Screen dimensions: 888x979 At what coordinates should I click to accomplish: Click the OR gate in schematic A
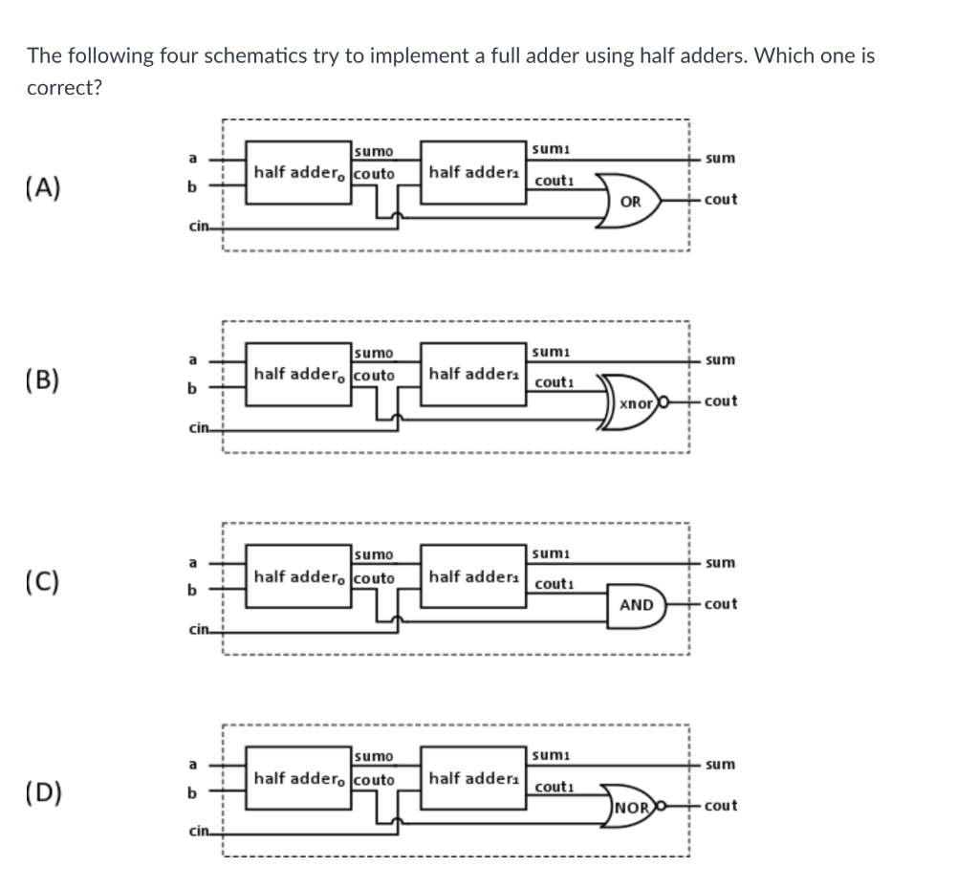[x=631, y=201]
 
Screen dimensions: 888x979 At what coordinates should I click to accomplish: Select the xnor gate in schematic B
[x=634, y=403]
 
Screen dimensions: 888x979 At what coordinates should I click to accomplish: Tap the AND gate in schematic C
[x=635, y=605]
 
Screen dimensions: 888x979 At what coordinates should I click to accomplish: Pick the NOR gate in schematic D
[x=633, y=807]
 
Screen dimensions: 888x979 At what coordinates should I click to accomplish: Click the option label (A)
[x=44, y=186]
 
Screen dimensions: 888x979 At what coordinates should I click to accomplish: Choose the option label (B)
[x=44, y=380]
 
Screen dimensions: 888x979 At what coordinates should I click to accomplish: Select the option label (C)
[x=44, y=582]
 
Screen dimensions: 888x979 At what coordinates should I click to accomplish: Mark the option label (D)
[x=44, y=792]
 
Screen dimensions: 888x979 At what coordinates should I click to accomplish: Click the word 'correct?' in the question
[x=65, y=87]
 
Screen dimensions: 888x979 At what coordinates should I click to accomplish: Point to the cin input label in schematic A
[x=198, y=227]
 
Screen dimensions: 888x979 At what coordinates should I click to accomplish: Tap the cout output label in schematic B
[x=720, y=401]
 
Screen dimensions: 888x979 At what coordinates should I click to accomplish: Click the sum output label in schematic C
[x=720, y=562]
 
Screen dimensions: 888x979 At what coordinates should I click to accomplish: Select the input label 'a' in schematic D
[x=193, y=764]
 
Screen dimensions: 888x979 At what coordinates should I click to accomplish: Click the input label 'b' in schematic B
[x=193, y=389]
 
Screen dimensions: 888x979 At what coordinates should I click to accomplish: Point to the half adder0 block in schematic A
[x=300, y=174]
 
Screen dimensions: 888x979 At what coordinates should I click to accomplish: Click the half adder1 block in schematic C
[x=472, y=576]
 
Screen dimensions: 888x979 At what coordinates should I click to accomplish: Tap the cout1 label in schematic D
[x=555, y=788]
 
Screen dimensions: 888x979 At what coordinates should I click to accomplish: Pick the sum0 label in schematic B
[x=373, y=354]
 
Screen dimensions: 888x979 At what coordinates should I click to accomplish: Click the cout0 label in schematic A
[x=374, y=174]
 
